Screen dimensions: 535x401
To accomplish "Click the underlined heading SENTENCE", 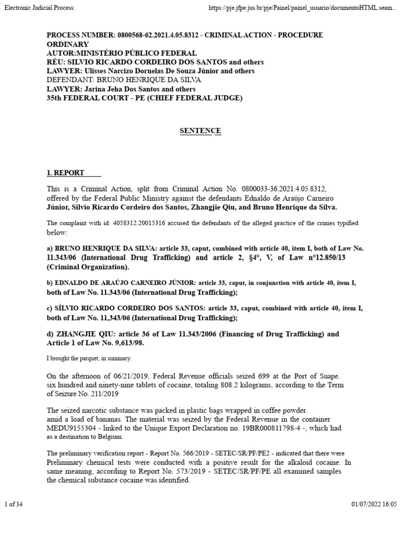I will click(200, 131).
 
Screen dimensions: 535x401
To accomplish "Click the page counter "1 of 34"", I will click(13, 504).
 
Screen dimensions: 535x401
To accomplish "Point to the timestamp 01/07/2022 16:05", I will click(374, 504).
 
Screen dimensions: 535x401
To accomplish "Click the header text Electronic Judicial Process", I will click(39, 8).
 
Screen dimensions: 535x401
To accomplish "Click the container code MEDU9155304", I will click(73, 427).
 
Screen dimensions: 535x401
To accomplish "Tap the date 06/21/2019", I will click(121, 376).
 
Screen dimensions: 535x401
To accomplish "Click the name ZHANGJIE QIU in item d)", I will click(80, 334).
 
